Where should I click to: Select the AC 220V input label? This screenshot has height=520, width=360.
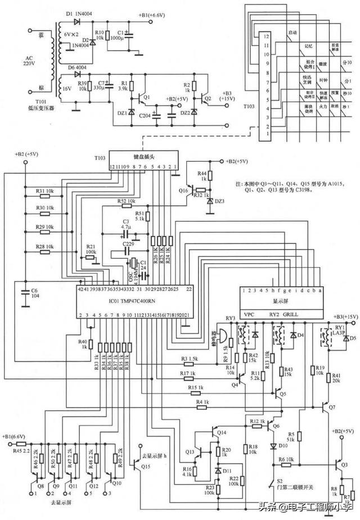coord(26,60)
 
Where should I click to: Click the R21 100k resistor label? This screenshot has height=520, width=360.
coord(90,250)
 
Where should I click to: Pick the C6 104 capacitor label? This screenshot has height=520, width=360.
coord(34,293)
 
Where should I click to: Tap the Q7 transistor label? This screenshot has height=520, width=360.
coord(332,406)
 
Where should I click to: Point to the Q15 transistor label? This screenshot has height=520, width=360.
coord(146,467)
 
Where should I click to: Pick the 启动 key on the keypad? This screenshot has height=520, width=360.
coord(292,33)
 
